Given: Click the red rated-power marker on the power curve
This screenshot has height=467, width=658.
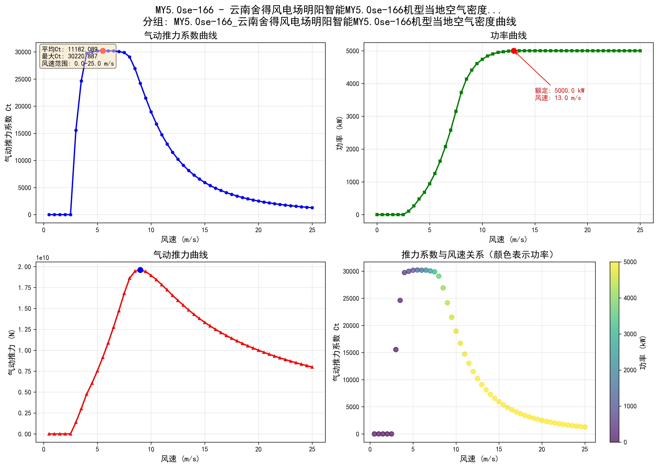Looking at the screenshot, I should coord(514,51).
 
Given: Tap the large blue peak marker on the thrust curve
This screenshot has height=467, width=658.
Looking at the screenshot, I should coord(140,270).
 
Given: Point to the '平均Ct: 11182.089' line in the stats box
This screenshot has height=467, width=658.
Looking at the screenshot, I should coord(70,49).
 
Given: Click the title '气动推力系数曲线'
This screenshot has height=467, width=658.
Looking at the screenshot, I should coord(181,36).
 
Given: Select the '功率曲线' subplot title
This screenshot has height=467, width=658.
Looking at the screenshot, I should coord(508,36).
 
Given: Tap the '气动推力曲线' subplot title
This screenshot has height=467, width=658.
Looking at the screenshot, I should coord(181,255).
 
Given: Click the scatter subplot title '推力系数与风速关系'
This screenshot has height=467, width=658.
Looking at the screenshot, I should coord(477,255).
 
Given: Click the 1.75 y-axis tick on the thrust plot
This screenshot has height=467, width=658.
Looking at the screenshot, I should coord(25,288).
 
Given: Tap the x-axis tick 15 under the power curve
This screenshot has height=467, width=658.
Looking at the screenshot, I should coord(535,230).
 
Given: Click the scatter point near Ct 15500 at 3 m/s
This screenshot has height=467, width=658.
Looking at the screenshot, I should coord(395,349).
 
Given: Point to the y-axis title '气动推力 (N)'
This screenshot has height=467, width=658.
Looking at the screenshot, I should coord(12,352).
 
